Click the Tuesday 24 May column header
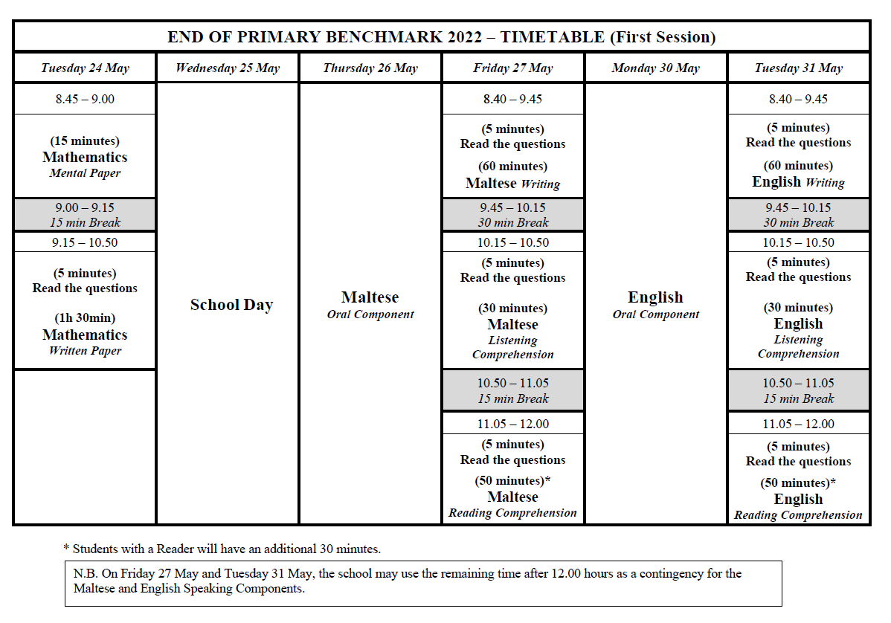click(x=85, y=68)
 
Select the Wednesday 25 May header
click(x=228, y=68)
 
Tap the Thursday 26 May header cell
click(x=370, y=68)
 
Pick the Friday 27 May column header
click(x=513, y=68)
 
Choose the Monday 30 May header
click(x=656, y=68)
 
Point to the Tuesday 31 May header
click(x=799, y=68)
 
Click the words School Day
click(x=231, y=305)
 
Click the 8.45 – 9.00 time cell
click(x=85, y=99)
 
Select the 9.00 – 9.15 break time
click(x=85, y=208)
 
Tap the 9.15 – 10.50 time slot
click(x=85, y=242)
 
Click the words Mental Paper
click(x=85, y=173)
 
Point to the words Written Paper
click(x=85, y=351)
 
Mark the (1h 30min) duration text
click(x=85, y=318)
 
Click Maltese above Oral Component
click(x=370, y=297)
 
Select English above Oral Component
click(x=655, y=297)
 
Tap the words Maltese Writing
click(x=513, y=183)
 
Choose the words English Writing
click(x=798, y=182)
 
